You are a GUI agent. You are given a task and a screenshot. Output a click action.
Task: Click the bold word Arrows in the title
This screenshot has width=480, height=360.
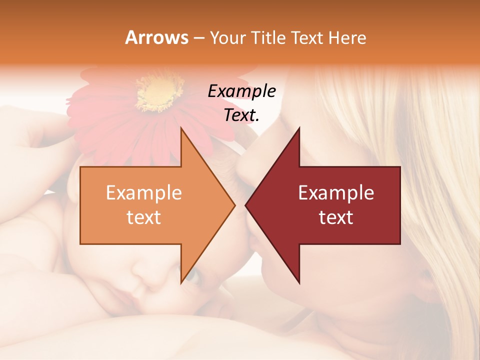(156, 37)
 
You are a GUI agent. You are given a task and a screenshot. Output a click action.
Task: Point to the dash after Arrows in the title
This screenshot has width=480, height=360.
(198, 38)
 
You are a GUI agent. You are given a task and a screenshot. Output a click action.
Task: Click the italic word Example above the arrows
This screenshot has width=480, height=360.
(241, 91)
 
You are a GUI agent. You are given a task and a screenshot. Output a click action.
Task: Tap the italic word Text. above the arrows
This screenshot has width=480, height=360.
(241, 115)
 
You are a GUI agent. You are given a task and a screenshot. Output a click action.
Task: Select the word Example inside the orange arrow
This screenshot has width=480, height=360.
(143, 192)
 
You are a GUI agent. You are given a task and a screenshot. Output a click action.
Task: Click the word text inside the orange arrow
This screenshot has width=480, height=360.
(143, 217)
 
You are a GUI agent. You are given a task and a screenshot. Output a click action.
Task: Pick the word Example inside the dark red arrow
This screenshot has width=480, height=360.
(336, 192)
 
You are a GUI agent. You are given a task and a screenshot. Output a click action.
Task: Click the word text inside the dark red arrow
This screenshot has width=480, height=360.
(336, 217)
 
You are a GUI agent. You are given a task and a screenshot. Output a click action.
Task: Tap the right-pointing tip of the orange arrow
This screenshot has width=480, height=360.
(234, 205)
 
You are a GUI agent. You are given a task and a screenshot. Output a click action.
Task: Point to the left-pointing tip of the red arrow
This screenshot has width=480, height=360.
(246, 205)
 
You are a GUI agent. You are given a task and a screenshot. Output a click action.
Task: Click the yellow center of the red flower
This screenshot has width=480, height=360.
(159, 92)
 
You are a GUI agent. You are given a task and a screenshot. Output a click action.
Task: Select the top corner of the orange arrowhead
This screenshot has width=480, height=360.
(181, 128)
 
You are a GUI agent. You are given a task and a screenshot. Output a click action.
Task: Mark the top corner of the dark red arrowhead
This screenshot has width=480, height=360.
(299, 128)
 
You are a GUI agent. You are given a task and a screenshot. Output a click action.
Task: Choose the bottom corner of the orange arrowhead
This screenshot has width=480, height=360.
(181, 282)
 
